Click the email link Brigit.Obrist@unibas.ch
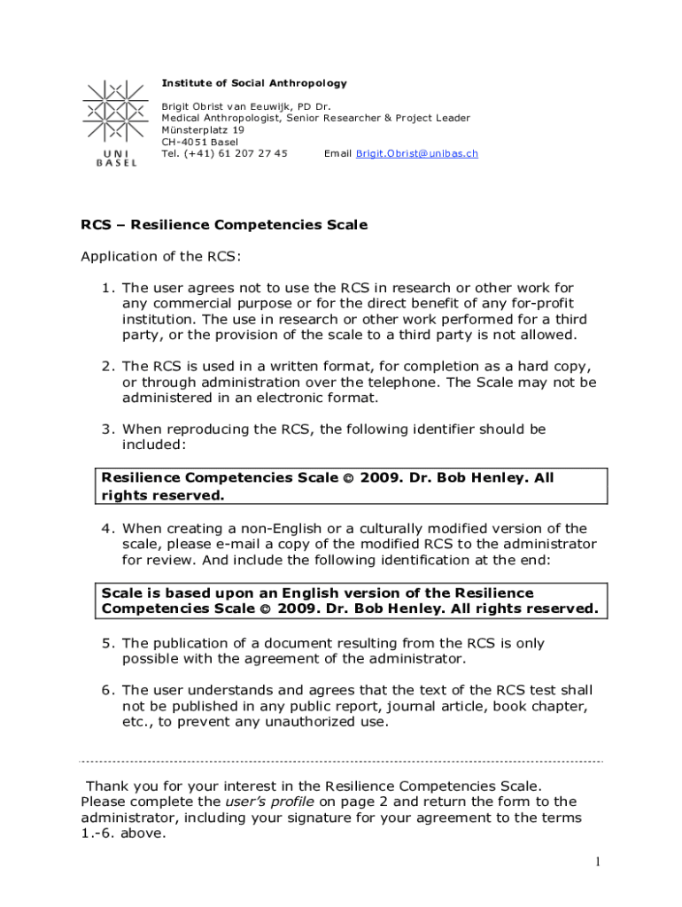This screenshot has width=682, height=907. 416,153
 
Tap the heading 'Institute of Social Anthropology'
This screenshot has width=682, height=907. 254,83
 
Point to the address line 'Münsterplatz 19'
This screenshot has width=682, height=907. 203,129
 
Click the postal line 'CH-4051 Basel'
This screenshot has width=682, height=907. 199,142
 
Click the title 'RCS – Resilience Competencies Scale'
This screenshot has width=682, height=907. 224,225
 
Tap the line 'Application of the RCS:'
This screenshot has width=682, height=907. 160,257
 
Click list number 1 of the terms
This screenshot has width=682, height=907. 107,288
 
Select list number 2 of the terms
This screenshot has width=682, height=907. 107,367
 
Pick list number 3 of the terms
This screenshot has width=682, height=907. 107,430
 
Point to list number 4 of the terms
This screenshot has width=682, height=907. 107,529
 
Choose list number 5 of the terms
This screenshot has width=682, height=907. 107,643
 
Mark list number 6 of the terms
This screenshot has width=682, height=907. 107,690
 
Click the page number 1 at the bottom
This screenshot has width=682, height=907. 599,862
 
